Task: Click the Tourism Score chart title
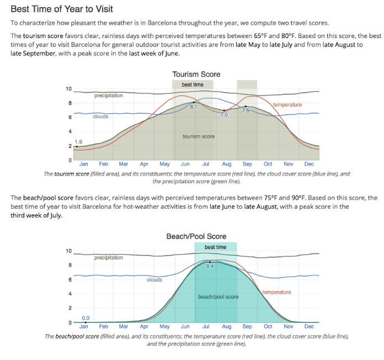[196, 74]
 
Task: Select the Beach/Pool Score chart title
[196, 236]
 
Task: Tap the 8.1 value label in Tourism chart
[193, 107]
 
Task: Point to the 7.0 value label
[224, 114]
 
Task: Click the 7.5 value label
[246, 110]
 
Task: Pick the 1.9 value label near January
[78, 142]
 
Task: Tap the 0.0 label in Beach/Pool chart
[86, 317]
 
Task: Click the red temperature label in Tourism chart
[287, 104]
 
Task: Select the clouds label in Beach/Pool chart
[154, 280]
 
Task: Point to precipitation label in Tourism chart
[108, 96]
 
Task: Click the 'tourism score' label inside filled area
[199, 136]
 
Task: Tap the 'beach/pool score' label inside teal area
[218, 297]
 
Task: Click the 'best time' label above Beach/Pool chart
[215, 247]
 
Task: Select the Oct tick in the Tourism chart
[268, 164]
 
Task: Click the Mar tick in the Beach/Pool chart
[124, 326]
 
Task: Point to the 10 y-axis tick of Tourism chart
[68, 89]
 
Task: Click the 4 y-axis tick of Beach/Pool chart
[70, 294]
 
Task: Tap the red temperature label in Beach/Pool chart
[276, 292]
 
